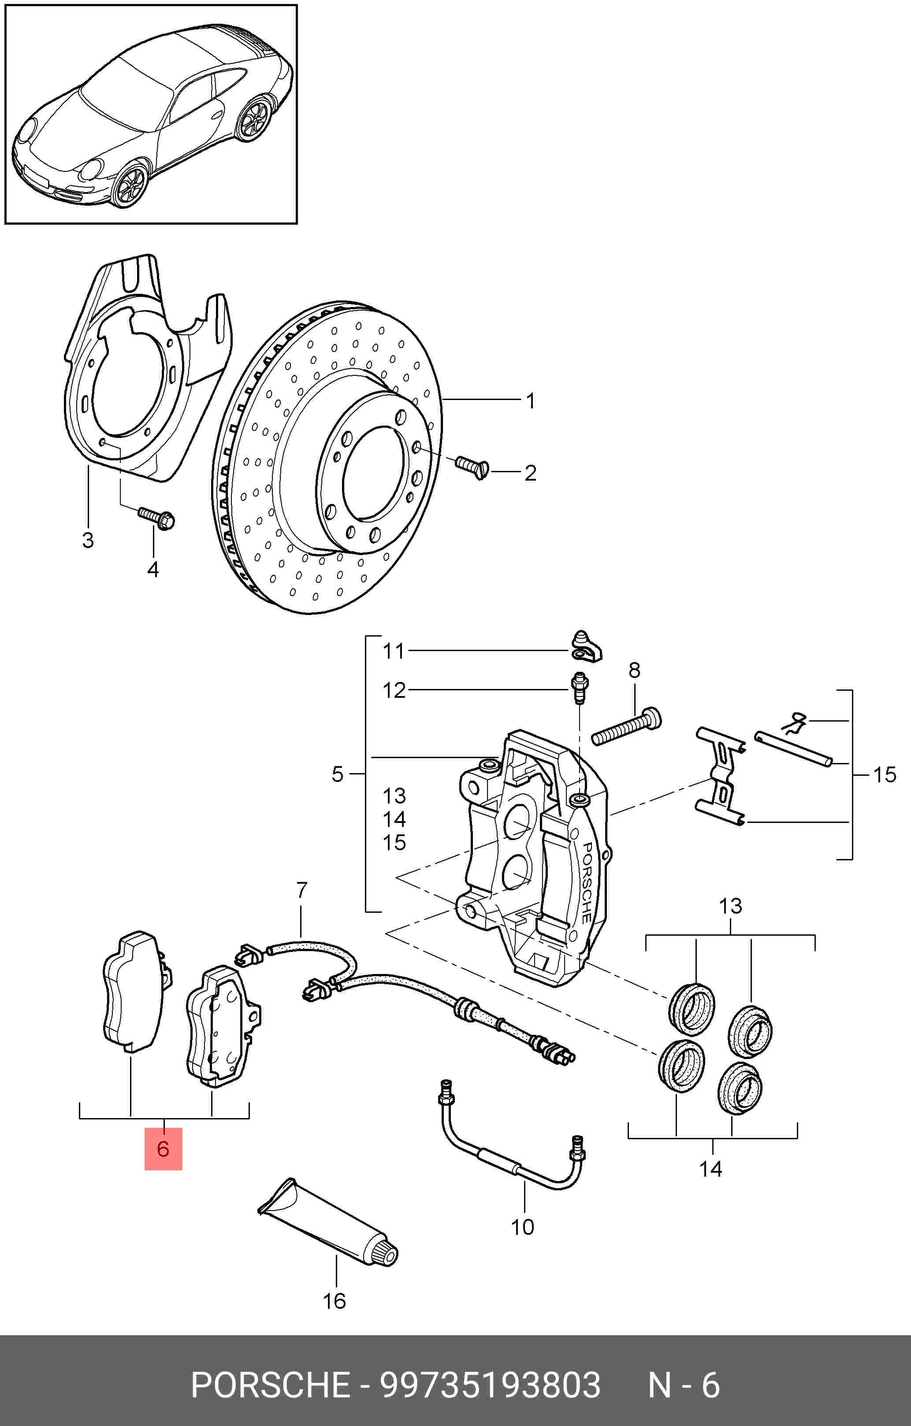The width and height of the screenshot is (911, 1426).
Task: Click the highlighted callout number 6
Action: point(163,1149)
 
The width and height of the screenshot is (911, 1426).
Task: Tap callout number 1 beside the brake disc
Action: point(531,401)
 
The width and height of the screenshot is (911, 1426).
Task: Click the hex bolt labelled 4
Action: point(156,518)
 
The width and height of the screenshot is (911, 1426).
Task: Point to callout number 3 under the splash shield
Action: point(88,540)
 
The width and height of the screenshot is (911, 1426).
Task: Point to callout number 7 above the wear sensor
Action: point(301,889)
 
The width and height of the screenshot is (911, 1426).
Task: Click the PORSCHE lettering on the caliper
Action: point(586,882)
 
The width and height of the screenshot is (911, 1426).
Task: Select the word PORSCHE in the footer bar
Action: point(270,1385)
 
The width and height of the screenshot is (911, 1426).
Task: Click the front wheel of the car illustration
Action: point(130,184)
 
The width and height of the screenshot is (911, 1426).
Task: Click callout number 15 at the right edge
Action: point(885,774)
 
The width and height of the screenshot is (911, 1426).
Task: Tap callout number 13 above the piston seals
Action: point(730,906)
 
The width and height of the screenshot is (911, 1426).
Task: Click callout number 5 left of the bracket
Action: point(337,774)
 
